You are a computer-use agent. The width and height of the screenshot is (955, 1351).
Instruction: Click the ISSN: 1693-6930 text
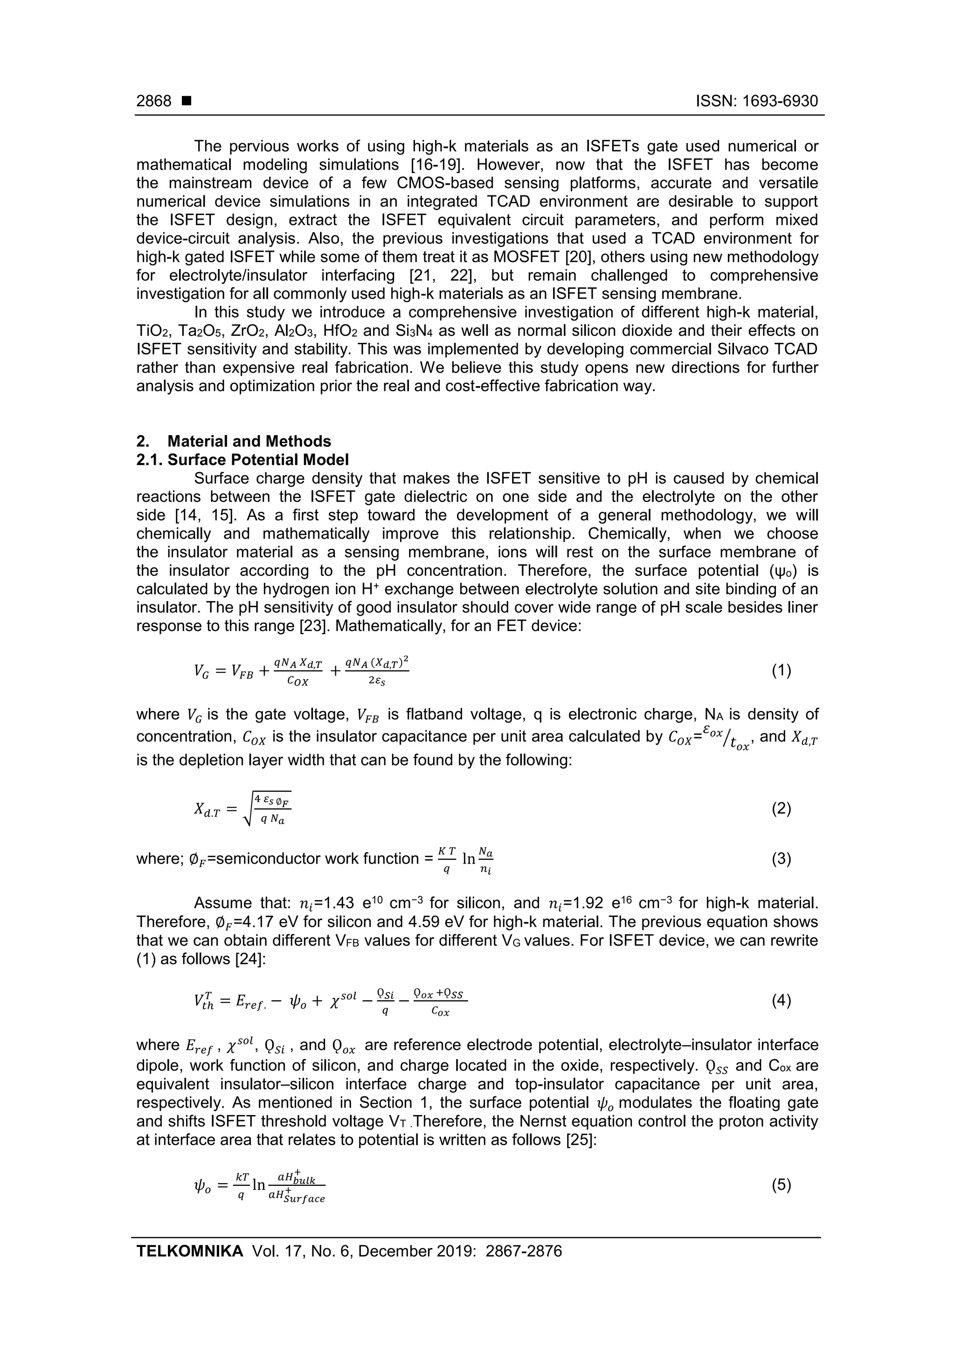[x=757, y=101]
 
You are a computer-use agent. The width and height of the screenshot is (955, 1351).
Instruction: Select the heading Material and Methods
[x=249, y=441]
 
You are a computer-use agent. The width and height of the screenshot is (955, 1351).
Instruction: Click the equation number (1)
[x=781, y=670]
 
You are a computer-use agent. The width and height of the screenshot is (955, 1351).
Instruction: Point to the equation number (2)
[x=781, y=809]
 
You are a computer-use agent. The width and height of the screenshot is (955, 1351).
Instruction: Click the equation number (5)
[x=781, y=1185]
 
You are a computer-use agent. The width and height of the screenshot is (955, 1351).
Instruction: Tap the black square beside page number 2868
[x=187, y=101]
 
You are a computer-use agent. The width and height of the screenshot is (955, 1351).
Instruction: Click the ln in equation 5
[x=259, y=1185]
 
